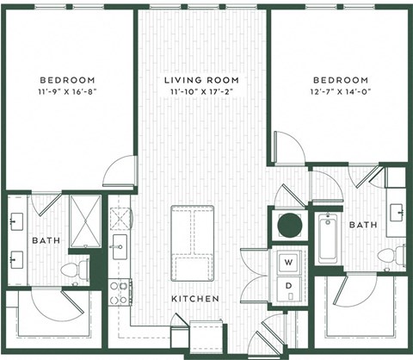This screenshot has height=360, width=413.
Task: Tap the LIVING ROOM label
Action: pyautogui.click(x=201, y=80)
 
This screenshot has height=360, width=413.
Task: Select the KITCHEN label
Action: pyautogui.click(x=194, y=299)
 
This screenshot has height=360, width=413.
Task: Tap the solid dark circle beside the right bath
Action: pyautogui.click(x=289, y=226)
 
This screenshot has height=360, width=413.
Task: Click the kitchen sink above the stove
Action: pyautogui.click(x=119, y=245)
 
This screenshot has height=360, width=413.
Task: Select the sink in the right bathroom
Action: pyautogui.click(x=398, y=211)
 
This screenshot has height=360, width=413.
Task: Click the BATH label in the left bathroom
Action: pyautogui.click(x=46, y=241)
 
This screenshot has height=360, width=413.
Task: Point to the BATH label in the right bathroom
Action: pyautogui.click(x=362, y=225)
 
